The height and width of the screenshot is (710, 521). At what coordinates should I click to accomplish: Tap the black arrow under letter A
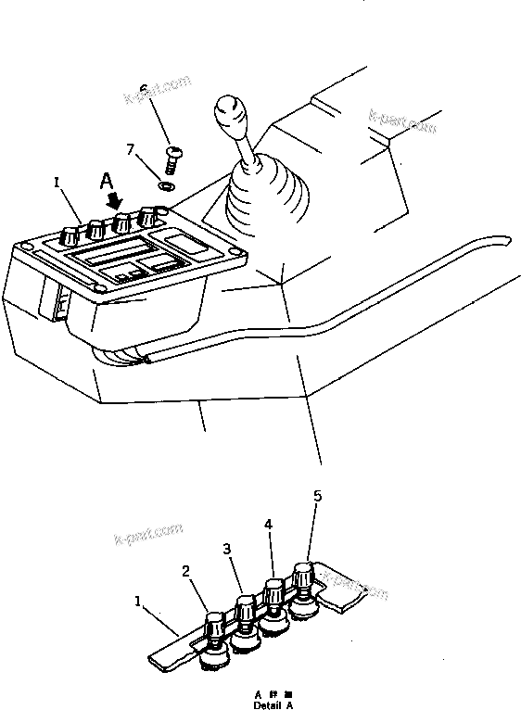pos(113,197)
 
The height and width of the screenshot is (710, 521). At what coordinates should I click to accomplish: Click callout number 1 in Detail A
pos(139,602)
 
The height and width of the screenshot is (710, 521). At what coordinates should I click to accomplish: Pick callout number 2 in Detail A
pos(187,572)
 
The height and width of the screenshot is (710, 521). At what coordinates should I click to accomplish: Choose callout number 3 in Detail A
pos(227,549)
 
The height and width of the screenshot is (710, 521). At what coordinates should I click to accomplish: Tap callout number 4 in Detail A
pos(268,524)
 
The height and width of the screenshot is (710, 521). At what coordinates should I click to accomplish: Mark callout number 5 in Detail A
pos(317,497)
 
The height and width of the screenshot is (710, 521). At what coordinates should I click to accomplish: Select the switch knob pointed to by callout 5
pos(303,576)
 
